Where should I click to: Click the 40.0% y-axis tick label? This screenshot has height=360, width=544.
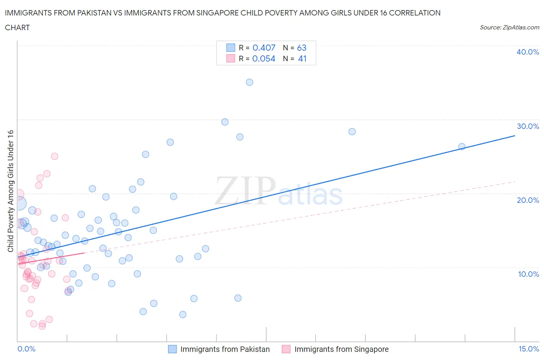coord(527,52)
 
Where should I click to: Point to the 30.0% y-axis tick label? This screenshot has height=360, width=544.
coord(527,126)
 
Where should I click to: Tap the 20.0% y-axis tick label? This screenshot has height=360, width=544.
coord(527,200)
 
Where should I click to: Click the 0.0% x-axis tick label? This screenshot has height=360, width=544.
coord(26,349)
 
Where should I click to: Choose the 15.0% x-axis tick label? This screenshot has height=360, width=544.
coord(529,349)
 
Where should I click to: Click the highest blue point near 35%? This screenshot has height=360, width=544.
coord(250,82)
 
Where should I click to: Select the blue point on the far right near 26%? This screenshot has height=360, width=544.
coord(462,146)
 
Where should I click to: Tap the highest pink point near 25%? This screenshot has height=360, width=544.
coord(55,156)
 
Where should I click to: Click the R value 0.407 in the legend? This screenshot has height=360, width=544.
coord(264,48)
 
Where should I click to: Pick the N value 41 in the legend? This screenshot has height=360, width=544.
coord(302,58)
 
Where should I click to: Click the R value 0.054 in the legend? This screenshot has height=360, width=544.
coord(264,58)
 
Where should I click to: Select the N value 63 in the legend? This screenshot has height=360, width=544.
coord(302,48)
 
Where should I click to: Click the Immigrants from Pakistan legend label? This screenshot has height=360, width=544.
coord(225,349)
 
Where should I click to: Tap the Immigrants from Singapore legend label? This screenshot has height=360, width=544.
coord(341,349)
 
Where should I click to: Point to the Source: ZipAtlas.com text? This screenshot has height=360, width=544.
coord(509,27)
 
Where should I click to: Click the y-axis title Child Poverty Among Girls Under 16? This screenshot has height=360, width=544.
coord(10,191)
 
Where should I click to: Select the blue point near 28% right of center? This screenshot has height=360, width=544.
coord(352,132)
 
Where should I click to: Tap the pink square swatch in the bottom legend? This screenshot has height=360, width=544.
coord(286,349)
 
